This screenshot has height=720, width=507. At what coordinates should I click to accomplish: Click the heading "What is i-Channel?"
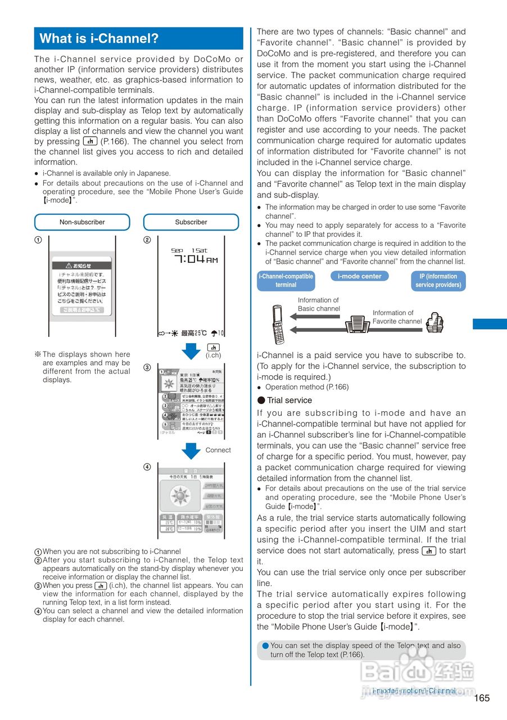[x=99, y=39]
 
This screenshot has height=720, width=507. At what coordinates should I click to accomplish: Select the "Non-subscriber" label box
[x=82, y=222]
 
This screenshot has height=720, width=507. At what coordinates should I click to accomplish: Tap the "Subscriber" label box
[x=191, y=222]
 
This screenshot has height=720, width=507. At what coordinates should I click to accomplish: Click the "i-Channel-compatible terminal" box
[x=286, y=281]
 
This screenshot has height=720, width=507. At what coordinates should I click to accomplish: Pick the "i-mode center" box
[x=359, y=276]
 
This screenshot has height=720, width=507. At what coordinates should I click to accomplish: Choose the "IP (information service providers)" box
[x=438, y=281]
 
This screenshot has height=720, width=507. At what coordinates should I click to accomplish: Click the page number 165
[x=482, y=698]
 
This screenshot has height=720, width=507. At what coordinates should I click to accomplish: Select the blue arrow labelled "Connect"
[x=192, y=451]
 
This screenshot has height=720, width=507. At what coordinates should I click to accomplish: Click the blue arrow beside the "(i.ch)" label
[x=192, y=351]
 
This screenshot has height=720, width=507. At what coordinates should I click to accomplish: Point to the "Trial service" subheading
[x=289, y=400]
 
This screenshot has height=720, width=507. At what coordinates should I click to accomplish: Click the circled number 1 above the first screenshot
[x=38, y=240]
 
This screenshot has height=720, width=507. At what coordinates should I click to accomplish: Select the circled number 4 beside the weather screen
[x=147, y=467]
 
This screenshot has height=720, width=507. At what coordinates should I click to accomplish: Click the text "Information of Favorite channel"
[x=396, y=317]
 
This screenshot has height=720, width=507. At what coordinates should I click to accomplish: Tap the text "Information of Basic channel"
[x=319, y=304]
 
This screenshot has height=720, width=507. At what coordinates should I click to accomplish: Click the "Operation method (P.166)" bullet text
[x=306, y=387]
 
